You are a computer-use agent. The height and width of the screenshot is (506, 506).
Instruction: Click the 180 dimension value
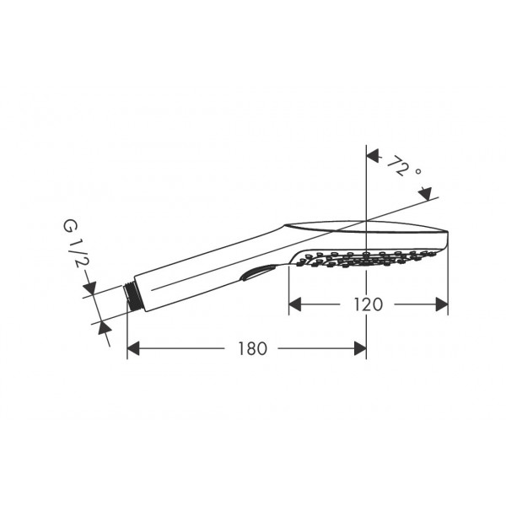point(252,348)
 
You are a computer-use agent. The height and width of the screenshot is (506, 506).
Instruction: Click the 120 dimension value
point(369,304)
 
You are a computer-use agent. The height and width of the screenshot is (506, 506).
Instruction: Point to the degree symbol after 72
point(418,171)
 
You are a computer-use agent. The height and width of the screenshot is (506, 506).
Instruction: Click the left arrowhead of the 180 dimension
point(133,348)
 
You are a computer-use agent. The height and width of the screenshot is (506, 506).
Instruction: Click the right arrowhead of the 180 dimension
point(360,348)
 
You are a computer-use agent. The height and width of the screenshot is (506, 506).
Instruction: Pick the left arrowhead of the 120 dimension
point(294,304)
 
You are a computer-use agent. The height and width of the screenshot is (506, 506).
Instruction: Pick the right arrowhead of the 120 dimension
point(442,304)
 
